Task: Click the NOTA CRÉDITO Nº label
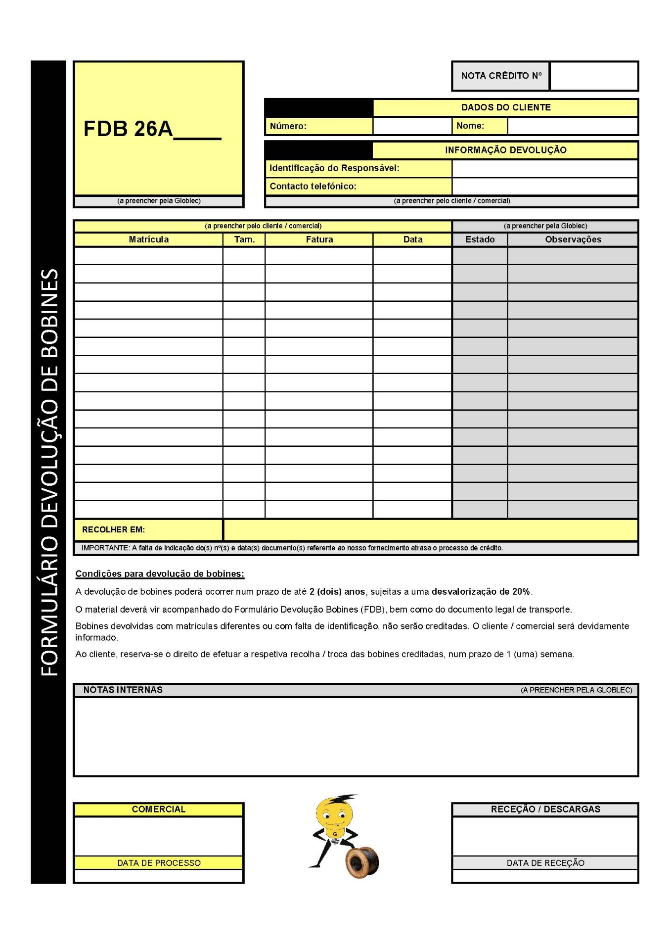(501, 76)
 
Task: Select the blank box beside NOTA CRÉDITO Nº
(594, 76)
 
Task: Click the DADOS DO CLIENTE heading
(505, 107)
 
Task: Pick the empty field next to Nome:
(572, 126)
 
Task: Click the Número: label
(288, 126)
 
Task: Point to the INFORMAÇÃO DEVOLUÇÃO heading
(505, 150)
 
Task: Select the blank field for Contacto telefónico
(544, 186)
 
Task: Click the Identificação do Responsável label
(334, 168)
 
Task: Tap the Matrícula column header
(148, 239)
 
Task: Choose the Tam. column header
(244, 239)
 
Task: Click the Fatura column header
(319, 239)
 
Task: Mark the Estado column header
(480, 239)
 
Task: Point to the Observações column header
(573, 239)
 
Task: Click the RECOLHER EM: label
(113, 529)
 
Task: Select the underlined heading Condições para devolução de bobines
(160, 573)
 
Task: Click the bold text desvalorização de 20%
(481, 591)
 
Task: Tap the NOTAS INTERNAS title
(123, 690)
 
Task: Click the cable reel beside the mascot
(362, 862)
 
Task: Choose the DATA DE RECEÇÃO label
(545, 863)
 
